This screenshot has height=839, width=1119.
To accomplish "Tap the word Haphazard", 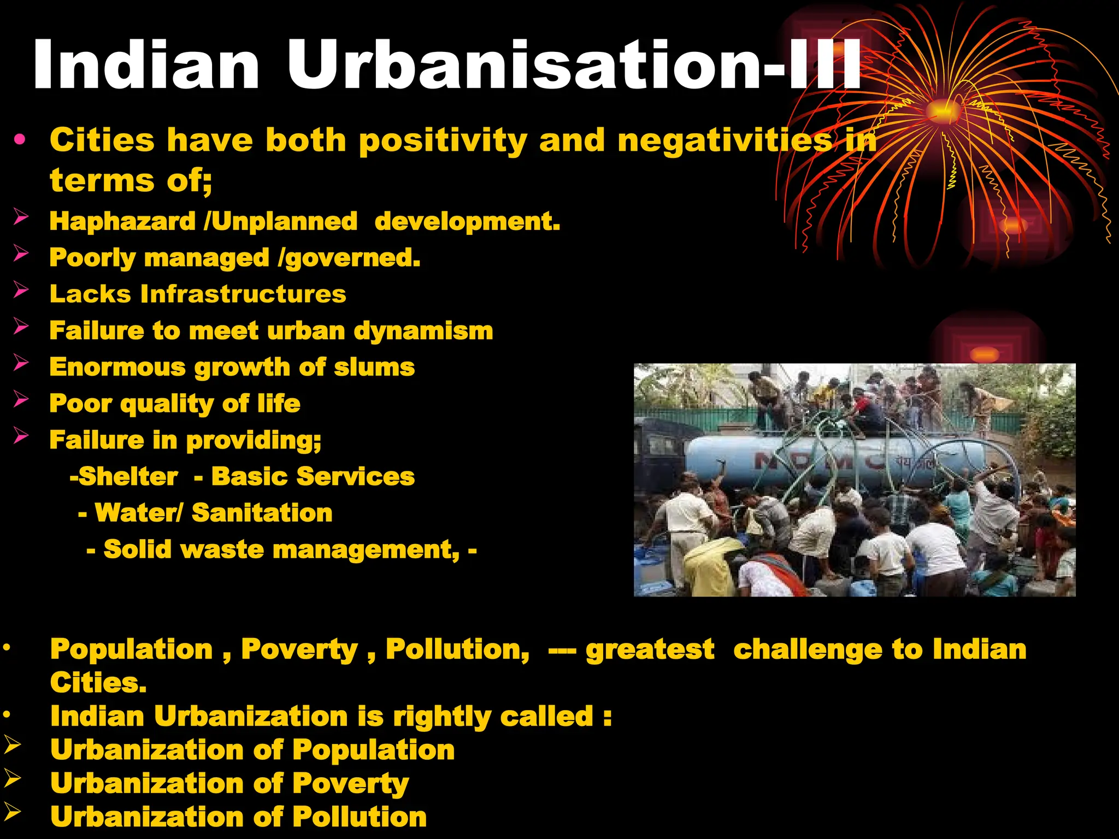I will click(122, 222).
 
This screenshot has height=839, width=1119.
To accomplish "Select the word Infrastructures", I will click(243, 294).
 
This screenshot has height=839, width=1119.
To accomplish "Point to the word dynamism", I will click(423, 331).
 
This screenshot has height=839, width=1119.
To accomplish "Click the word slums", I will click(374, 367).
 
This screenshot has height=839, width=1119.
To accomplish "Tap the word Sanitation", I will click(262, 513).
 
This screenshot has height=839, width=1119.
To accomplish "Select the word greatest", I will click(650, 650).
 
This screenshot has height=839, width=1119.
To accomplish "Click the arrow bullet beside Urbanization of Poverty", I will click(12, 778).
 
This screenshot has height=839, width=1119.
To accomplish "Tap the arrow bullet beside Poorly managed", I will click(21, 253).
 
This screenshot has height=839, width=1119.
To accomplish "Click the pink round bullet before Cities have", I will click(20, 140).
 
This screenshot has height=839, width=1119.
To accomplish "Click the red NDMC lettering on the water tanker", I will click(820, 462).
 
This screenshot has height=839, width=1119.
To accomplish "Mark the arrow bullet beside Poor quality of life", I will click(21, 399).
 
